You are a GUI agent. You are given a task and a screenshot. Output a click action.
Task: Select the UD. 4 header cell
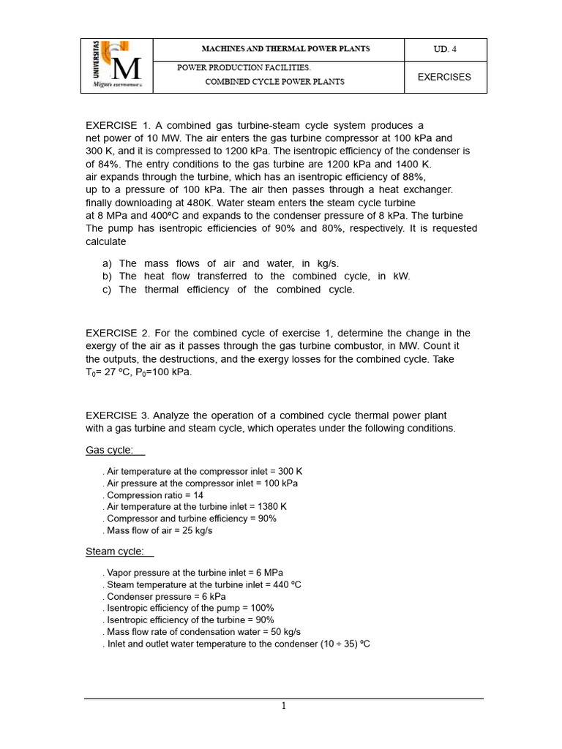coord(445,50)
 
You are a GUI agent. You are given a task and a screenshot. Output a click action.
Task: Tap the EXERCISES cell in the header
coord(444,77)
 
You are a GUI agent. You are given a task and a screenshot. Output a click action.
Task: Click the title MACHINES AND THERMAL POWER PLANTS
coord(285,49)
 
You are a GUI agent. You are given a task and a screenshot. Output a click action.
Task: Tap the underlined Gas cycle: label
coord(110,450)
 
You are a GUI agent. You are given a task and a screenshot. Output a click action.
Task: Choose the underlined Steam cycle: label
coord(115,551)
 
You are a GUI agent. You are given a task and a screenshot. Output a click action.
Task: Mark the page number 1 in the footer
coord(284,706)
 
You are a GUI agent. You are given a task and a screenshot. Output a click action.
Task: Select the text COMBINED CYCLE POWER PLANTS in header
coord(274,82)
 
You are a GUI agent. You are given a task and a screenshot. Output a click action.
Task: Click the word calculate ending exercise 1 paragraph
coord(106,241)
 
